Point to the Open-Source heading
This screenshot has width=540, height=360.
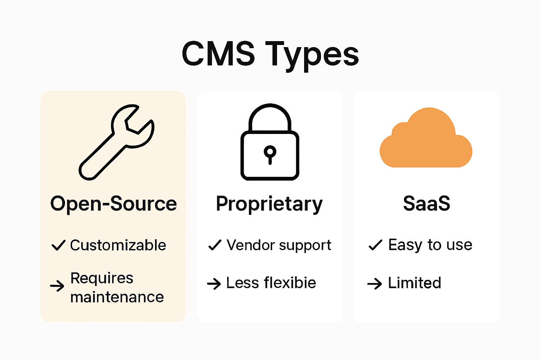pos(113,204)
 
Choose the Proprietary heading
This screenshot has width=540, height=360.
pos(269,204)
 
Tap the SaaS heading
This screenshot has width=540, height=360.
pos(426,204)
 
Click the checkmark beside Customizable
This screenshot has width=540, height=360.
pos(58,245)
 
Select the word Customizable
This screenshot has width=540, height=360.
pos(118,245)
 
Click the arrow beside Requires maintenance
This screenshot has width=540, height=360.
pos(57,286)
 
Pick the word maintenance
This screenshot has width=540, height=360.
pos(117,297)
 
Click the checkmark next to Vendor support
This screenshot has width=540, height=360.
pos(215,245)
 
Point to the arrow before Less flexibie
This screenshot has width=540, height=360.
pos(214,283)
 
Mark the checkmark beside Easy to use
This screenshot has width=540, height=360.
pos(375,245)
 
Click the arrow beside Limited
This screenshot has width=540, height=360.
pos(374,283)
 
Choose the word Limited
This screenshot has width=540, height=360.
pos(414,283)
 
